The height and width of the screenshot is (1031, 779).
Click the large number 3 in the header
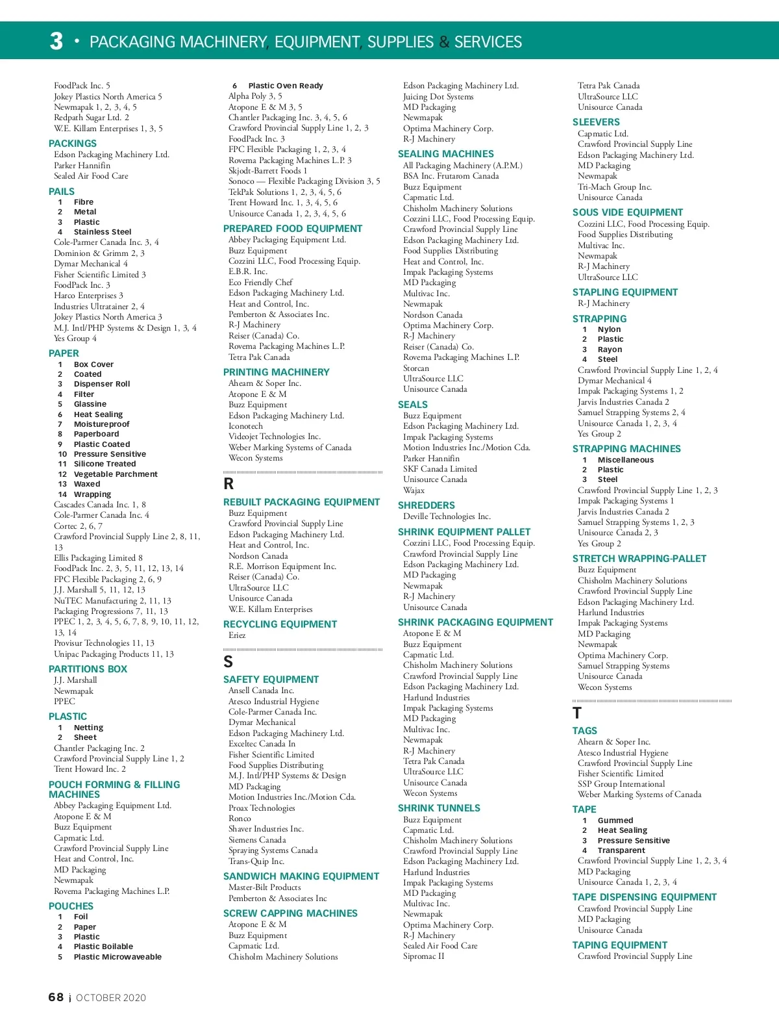(56, 42)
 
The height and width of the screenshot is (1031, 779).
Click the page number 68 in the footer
(56, 997)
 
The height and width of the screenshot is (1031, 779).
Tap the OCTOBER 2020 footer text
(111, 998)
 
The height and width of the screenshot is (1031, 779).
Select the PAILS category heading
(62, 192)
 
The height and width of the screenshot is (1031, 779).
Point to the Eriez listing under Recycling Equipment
(237, 635)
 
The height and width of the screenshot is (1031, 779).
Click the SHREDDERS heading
(426, 505)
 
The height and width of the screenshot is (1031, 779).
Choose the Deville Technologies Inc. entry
(447, 516)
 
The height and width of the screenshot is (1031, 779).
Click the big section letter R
(229, 484)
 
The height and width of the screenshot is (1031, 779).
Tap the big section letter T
(577, 713)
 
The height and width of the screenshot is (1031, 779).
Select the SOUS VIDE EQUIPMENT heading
(627, 212)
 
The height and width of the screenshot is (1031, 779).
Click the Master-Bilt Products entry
(264, 887)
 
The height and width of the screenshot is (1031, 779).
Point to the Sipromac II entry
(423, 956)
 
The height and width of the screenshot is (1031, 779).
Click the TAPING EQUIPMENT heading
(619, 945)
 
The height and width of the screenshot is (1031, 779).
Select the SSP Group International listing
(621, 784)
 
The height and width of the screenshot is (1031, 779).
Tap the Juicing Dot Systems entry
(438, 97)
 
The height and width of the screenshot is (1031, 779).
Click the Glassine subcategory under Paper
(90, 404)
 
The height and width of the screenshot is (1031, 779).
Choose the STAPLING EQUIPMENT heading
(624, 292)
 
